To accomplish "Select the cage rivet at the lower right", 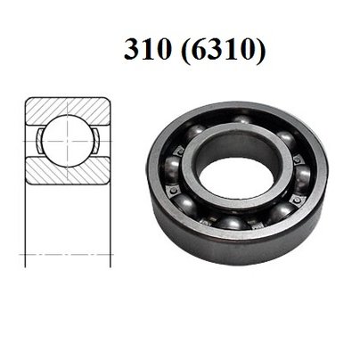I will point(287,207).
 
